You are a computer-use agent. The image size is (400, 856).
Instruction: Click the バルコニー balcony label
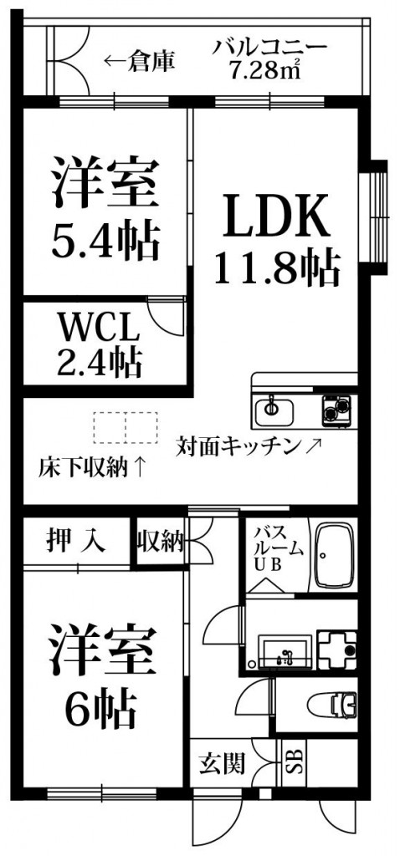coord(270,48)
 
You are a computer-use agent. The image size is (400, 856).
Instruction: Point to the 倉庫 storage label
coord(152,61)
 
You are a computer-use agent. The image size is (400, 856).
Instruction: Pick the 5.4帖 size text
coord(106,240)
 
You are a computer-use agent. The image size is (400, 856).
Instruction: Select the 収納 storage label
coord(160,542)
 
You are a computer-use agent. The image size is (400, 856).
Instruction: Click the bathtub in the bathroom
coord(336,556)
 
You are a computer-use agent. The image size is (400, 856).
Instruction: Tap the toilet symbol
coord(333,704)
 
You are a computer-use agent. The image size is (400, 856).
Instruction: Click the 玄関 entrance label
coord(220,763)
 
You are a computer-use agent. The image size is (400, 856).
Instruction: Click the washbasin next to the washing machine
coord(285,650)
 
